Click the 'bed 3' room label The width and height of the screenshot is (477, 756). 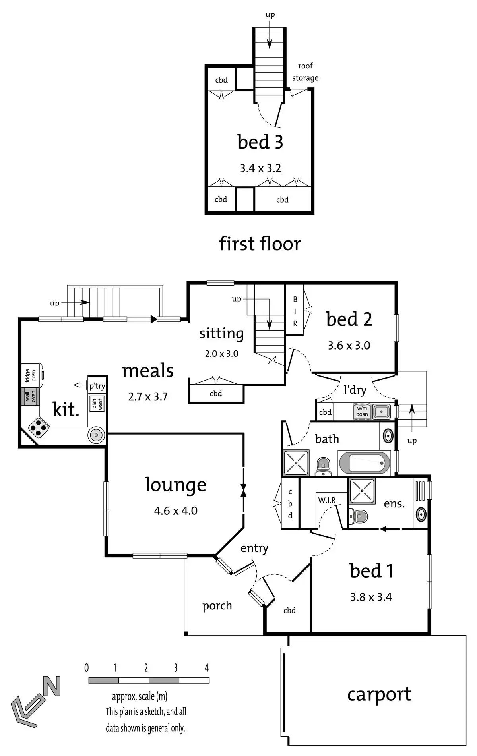point(260,142)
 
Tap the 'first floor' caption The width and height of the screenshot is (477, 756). point(260,244)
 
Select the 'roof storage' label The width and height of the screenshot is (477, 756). point(305,72)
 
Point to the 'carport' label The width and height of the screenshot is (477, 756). point(379,694)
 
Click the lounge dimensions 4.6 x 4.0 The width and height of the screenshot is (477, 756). point(176,510)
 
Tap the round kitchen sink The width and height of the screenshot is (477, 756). point(96,435)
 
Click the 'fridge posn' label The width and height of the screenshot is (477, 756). point(31,375)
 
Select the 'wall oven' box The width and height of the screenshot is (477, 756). point(31,396)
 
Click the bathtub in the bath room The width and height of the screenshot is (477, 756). point(364,463)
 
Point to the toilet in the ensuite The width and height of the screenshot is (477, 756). point(359,516)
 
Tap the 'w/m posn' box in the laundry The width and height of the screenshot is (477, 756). point(362,411)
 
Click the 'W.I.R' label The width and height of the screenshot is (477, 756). point(327,500)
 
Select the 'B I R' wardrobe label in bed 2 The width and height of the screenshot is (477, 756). point(295,311)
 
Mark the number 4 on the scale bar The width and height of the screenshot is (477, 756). point(207,668)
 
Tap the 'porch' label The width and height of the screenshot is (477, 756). point(217,606)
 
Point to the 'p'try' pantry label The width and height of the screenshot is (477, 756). point(97,386)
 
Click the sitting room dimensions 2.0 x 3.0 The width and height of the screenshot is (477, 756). point(221,354)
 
